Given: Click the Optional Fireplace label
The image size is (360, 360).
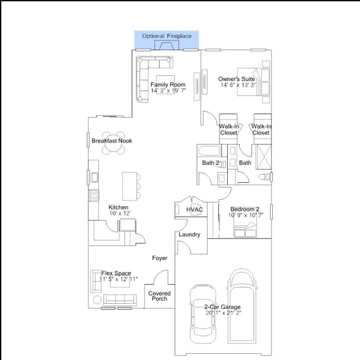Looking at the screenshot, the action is [166, 36].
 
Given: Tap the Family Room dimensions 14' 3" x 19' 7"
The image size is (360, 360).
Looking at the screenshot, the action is [168, 91].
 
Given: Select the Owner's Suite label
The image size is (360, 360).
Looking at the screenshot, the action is [236, 79].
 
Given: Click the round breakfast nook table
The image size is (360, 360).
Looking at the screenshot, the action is [114, 143].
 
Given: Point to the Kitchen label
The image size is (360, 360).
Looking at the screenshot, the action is [119, 207].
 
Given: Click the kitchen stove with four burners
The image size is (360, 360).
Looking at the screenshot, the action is [94, 195].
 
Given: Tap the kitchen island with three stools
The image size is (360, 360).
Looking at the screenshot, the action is [130, 186].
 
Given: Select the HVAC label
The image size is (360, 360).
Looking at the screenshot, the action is [195, 209].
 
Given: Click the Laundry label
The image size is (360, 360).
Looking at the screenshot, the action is [190, 235].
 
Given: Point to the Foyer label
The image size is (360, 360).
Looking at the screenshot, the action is [160, 258].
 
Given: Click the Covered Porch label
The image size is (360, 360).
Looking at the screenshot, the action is [159, 296].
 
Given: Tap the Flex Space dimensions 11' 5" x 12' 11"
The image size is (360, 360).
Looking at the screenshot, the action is [119, 279].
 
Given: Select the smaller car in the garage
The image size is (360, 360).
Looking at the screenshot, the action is [203, 314].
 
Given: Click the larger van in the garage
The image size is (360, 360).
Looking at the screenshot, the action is [242, 306].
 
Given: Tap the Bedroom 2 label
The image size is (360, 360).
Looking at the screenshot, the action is [245, 209].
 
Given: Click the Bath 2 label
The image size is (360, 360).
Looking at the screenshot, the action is [210, 163].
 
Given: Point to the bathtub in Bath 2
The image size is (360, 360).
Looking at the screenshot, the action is [209, 151].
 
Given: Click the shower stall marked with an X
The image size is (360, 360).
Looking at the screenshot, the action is [264, 157].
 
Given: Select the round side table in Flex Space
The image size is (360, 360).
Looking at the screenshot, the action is [97, 300].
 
